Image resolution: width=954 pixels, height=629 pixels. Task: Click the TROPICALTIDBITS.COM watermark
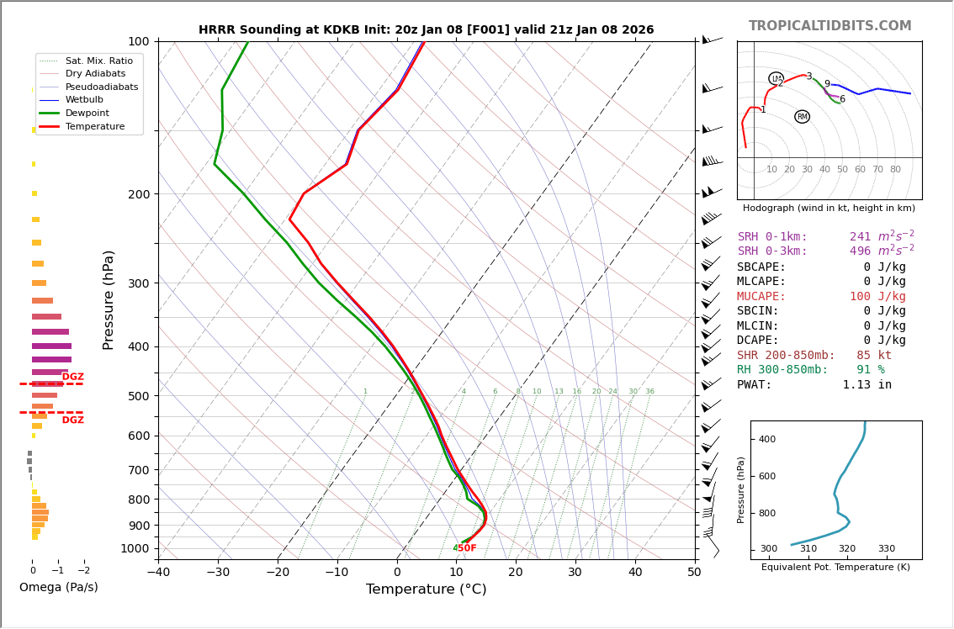click(829, 26)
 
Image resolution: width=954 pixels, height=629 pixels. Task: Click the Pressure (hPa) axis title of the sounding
click(109, 299)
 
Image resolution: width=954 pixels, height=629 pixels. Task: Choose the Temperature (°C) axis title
click(426, 589)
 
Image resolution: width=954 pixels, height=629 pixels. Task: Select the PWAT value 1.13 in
click(867, 385)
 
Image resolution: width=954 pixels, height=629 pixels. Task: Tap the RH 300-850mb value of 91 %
click(870, 370)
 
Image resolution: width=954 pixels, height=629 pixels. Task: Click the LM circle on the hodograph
click(776, 78)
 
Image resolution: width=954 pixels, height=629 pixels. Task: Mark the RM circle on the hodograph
click(802, 117)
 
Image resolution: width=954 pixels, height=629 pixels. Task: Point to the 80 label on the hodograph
click(895, 170)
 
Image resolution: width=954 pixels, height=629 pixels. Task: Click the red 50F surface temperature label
click(467, 548)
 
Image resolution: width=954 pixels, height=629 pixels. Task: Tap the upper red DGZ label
click(73, 378)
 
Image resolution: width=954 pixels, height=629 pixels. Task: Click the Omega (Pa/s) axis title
click(59, 588)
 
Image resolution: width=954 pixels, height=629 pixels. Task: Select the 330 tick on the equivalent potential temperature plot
click(886, 549)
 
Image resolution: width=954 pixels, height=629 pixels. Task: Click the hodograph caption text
click(829, 209)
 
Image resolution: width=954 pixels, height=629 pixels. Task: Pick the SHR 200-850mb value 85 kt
click(874, 356)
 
